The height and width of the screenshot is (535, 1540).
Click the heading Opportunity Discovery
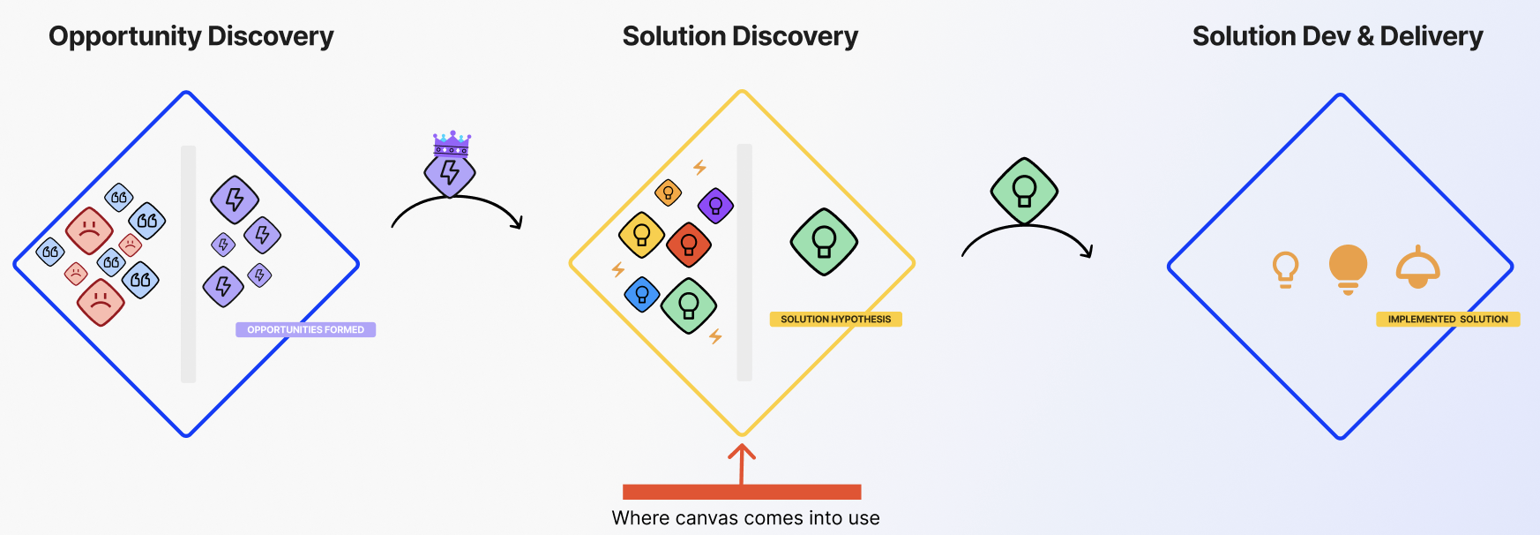click(x=191, y=36)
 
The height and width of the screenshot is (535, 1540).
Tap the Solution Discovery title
click(x=740, y=36)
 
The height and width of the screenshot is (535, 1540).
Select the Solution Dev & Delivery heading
click(x=1337, y=36)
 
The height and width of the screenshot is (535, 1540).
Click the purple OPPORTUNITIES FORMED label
click(x=305, y=329)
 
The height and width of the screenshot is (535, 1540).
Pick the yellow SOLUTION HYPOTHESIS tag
click(x=835, y=319)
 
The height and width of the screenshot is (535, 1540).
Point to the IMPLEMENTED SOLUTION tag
click(x=1447, y=319)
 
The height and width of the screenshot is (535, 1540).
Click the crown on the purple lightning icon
click(x=452, y=143)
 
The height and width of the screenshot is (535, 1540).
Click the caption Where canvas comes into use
click(x=745, y=518)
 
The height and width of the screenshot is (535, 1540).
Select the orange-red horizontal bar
click(x=742, y=492)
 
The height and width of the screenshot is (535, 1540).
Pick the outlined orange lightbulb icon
click(x=1285, y=269)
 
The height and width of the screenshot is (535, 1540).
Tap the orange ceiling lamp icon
click(x=1417, y=267)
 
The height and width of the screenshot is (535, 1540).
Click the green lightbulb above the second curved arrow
click(x=1024, y=191)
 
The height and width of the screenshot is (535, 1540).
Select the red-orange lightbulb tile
click(x=689, y=244)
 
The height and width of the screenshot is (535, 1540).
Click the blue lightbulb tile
click(x=642, y=294)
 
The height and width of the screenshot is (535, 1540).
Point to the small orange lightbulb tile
click(x=669, y=192)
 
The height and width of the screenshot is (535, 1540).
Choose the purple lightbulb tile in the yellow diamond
click(x=715, y=206)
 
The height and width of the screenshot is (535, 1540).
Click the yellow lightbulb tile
click(x=641, y=235)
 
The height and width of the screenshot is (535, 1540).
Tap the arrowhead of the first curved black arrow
click(x=519, y=223)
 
